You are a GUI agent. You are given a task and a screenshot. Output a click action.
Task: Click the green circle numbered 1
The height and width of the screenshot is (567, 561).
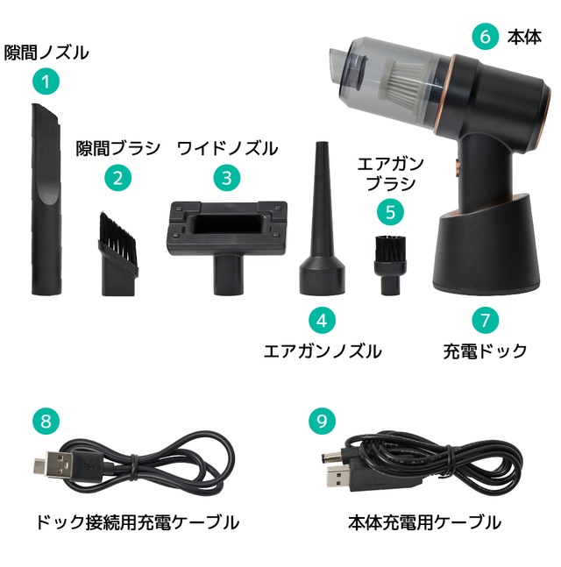click(x=46, y=82)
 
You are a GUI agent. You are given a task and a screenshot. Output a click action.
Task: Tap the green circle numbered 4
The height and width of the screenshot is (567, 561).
click(x=322, y=321)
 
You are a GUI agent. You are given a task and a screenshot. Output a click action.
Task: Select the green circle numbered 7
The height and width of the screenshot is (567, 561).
click(x=485, y=321)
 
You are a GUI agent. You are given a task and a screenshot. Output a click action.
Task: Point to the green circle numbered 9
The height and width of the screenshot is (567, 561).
click(x=322, y=421)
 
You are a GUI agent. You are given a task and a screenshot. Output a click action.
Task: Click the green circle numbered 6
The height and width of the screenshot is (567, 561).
click(x=485, y=37)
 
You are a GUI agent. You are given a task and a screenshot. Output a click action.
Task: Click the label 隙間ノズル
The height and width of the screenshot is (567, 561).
click(x=46, y=53)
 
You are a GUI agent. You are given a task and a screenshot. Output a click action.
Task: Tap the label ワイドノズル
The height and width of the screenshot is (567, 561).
click(x=228, y=149)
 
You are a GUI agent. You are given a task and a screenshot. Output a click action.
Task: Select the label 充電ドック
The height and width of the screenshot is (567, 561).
click(x=485, y=351)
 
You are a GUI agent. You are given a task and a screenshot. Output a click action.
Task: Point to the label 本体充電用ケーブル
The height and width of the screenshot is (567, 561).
click(x=424, y=522)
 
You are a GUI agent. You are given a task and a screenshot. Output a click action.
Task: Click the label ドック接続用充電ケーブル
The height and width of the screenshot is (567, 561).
click(x=138, y=522)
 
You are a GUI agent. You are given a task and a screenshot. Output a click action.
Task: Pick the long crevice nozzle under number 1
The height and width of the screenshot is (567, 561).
click(x=46, y=199)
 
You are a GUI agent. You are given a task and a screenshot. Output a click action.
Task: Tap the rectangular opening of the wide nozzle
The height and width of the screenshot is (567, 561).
click(x=227, y=224)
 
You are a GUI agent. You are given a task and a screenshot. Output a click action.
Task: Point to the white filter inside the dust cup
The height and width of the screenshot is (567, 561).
click(x=400, y=82)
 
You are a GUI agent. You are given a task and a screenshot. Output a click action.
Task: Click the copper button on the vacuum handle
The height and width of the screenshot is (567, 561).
click(x=458, y=167)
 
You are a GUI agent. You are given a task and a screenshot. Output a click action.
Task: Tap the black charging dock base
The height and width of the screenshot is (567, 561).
click(x=482, y=251)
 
